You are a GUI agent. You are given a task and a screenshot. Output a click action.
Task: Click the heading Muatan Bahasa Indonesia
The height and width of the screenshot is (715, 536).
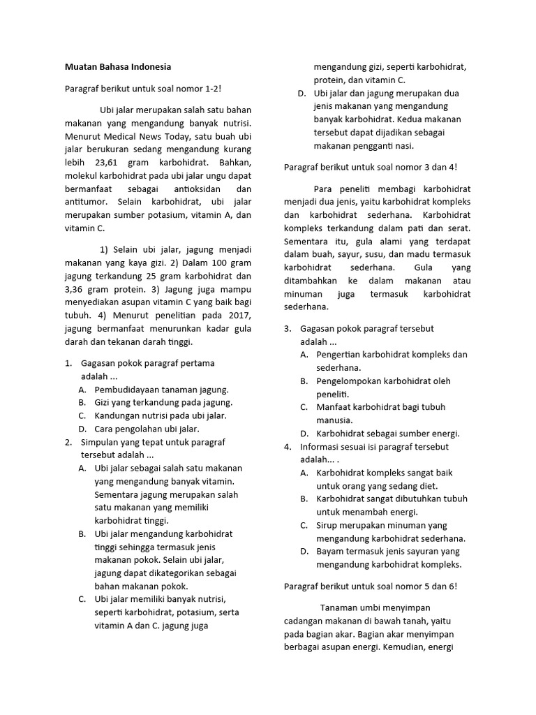(x=117, y=67)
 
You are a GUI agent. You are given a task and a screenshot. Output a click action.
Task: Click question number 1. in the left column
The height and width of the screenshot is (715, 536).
(x=68, y=363)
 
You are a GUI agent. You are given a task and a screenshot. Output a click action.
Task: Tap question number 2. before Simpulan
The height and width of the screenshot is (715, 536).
(x=68, y=442)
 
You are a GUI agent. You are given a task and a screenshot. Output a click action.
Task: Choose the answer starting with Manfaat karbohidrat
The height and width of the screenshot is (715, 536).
(x=380, y=407)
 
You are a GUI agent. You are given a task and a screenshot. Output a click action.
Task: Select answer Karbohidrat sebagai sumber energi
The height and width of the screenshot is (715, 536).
(x=387, y=433)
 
